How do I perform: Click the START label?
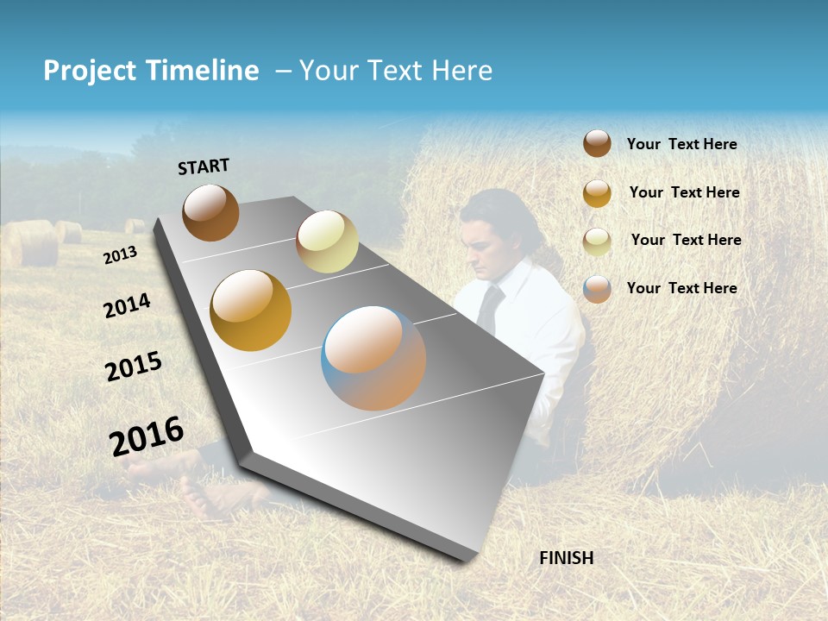[204, 166]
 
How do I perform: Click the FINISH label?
[567, 558]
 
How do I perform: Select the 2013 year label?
[120, 255]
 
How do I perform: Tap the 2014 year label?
[127, 305]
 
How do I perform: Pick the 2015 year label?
[134, 367]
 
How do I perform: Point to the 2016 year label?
[147, 436]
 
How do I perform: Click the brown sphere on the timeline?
[210, 212]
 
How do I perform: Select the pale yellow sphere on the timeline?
[327, 241]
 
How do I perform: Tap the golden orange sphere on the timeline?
[251, 310]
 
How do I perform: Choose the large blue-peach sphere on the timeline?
[373, 358]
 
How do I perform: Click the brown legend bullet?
[597, 143]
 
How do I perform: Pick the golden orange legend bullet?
[597, 192]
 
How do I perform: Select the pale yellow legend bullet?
[597, 241]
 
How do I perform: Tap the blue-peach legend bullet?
[597, 288]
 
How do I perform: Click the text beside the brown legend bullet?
[681, 144]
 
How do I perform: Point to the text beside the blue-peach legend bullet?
[681, 288]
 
